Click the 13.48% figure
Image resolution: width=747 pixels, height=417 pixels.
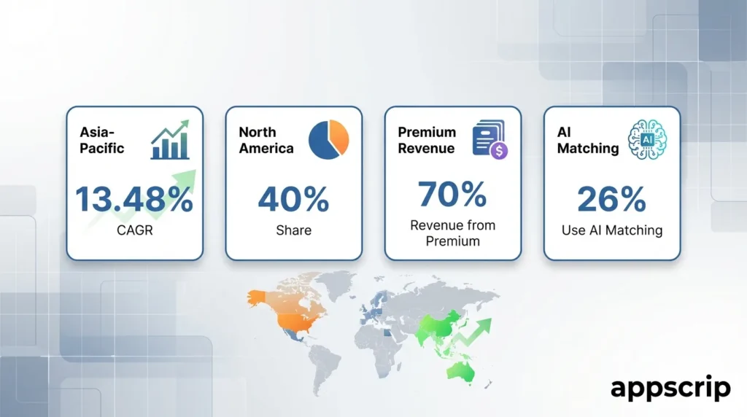click(134, 198)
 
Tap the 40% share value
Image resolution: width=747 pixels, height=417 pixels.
click(293, 198)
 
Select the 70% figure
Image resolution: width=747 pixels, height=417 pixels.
click(452, 194)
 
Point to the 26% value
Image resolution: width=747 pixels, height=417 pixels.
click(612, 198)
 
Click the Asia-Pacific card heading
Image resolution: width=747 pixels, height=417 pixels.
click(101, 140)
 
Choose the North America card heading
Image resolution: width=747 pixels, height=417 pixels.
click(266, 140)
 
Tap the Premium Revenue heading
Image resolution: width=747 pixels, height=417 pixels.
click(426, 140)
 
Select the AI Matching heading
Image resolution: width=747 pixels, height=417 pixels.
click(588, 140)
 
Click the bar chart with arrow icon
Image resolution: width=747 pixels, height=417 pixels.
click(170, 139)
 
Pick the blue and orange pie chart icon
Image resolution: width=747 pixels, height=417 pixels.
click(329, 139)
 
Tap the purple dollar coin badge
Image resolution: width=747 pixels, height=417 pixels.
click(499, 152)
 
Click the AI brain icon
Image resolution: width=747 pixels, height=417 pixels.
click(647, 139)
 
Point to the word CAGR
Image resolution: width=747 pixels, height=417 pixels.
click(134, 230)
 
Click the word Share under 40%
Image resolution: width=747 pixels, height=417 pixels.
click(293, 230)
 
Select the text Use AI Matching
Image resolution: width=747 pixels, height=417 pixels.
click(612, 230)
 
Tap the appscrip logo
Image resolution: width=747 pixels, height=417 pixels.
click(671, 388)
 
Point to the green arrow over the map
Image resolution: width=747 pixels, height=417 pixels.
click(472, 332)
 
